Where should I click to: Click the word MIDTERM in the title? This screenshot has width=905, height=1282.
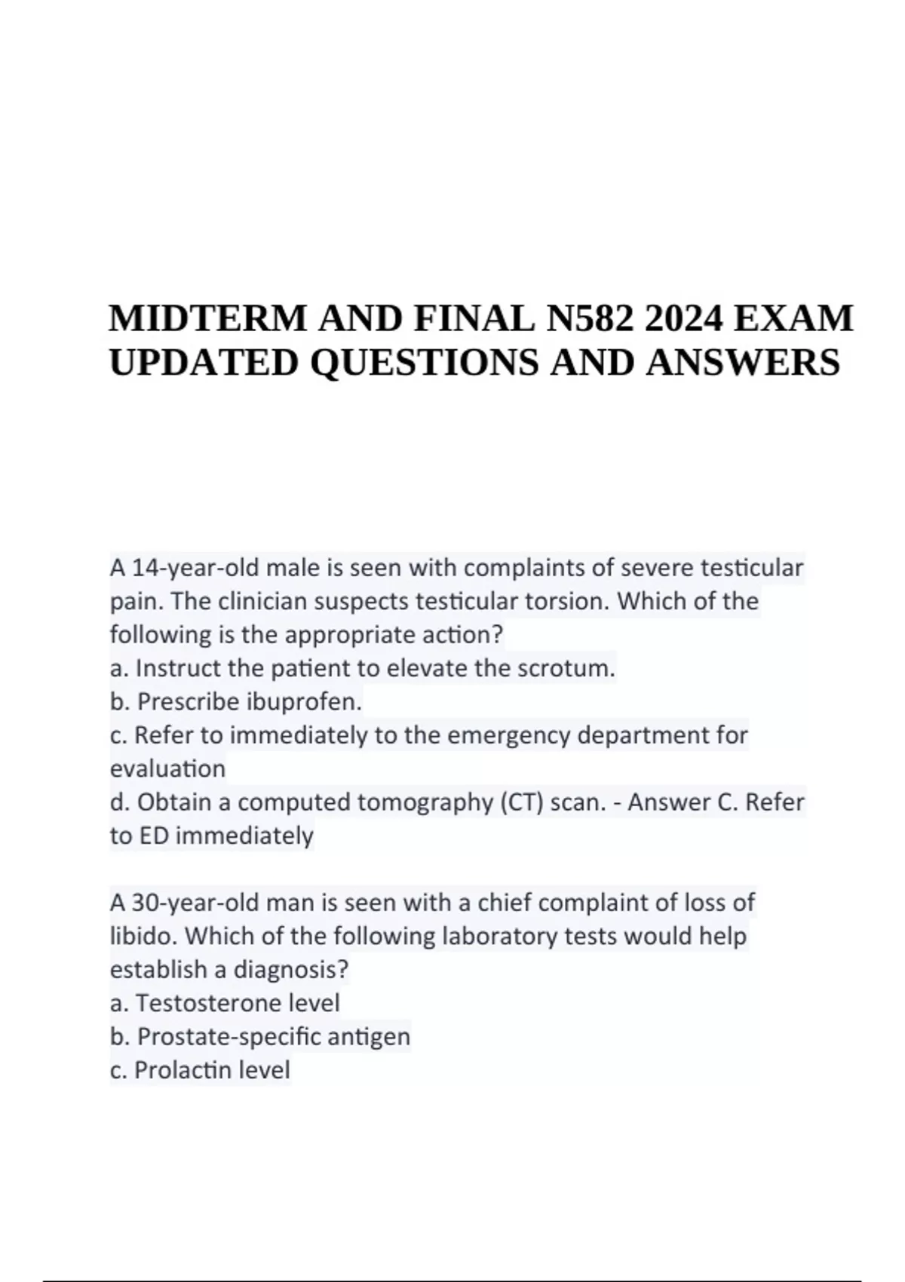(x=208, y=319)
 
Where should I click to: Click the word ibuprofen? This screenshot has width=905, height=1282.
(x=304, y=701)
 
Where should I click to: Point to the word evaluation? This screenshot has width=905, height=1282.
(x=167, y=768)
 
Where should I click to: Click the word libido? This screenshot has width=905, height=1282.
(x=143, y=936)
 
